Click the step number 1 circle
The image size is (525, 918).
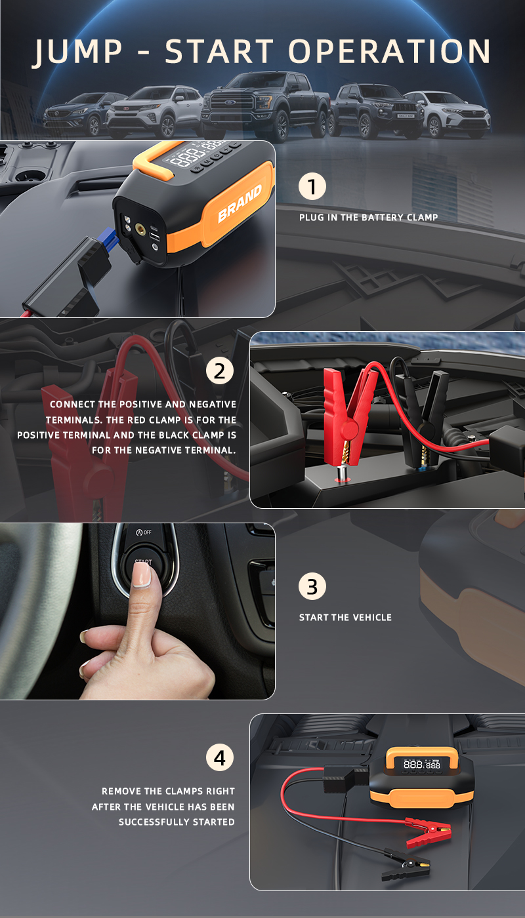(312, 186)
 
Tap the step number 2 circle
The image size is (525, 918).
(220, 371)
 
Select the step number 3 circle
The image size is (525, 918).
(312, 586)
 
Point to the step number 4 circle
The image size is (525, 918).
(220, 757)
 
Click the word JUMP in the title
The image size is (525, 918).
(78, 52)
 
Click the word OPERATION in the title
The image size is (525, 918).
(389, 51)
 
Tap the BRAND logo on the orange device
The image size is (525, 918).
(240, 204)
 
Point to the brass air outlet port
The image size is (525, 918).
(140, 229)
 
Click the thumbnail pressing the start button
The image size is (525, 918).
(142, 576)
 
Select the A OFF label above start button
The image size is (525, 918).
(144, 532)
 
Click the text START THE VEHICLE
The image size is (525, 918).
(345, 617)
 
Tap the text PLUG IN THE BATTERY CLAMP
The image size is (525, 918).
(368, 217)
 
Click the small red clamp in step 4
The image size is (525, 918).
(428, 831)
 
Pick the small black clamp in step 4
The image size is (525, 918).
(406, 867)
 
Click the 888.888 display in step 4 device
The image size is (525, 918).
(422, 765)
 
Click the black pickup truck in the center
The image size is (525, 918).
(266, 105)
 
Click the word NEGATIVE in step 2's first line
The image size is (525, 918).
(213, 404)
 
